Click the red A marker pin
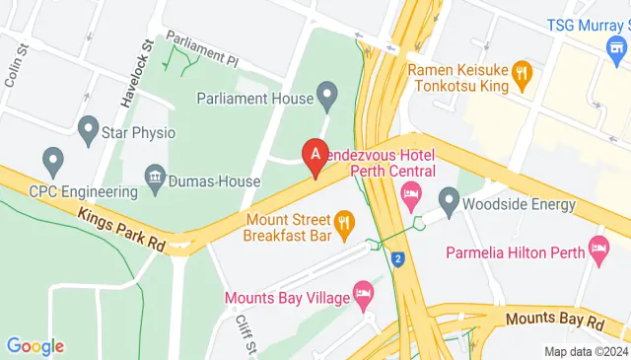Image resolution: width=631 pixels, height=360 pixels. pos(315,156)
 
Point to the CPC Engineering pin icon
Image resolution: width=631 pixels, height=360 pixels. pos(52,159)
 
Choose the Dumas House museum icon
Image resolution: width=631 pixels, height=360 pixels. pos(155,180)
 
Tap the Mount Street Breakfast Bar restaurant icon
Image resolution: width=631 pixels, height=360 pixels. pos(344,224)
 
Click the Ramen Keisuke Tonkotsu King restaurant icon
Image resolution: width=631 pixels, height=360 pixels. pos(522,72)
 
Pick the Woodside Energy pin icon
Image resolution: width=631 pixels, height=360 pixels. pos(450,204)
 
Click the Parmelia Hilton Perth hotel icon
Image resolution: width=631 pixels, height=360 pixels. pos(596,246)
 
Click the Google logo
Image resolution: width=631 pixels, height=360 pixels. pos(35,346)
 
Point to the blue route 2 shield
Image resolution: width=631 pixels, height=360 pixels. pos(397,259)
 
